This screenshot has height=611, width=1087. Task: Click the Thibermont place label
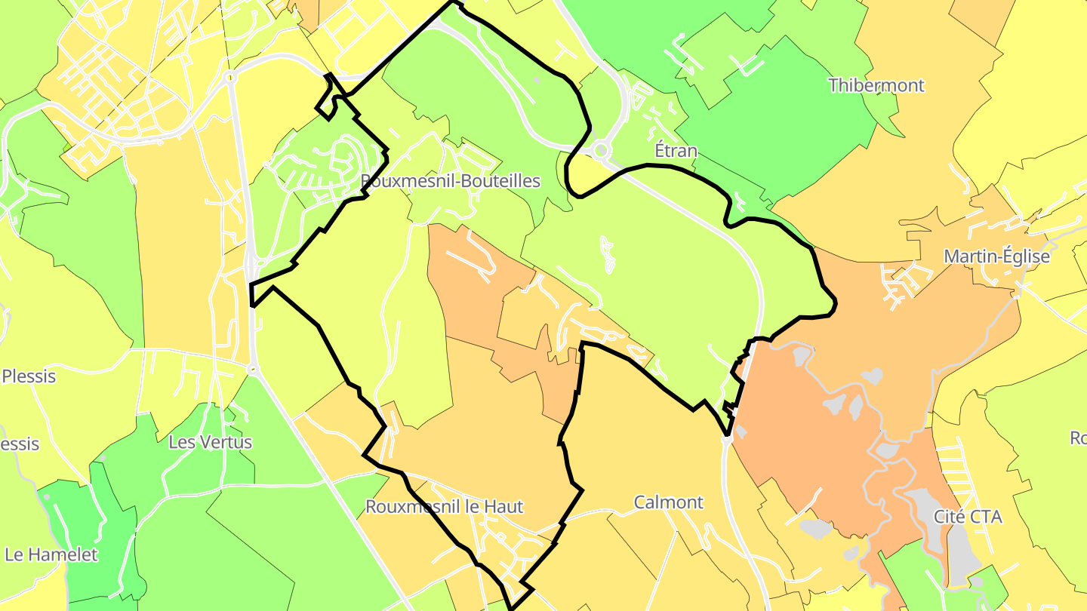876,85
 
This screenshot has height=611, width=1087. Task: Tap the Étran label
676,151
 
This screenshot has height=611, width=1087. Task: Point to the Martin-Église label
996,256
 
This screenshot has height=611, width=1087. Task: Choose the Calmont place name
668,502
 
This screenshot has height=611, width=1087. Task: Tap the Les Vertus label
210,442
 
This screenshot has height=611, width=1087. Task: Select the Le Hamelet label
51,555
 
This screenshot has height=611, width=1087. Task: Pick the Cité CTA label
968,517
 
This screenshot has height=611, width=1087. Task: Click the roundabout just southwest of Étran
601,151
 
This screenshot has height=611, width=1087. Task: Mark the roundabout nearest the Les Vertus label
252,370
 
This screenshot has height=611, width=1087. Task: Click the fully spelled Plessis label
29,376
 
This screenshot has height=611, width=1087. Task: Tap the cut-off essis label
20,444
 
